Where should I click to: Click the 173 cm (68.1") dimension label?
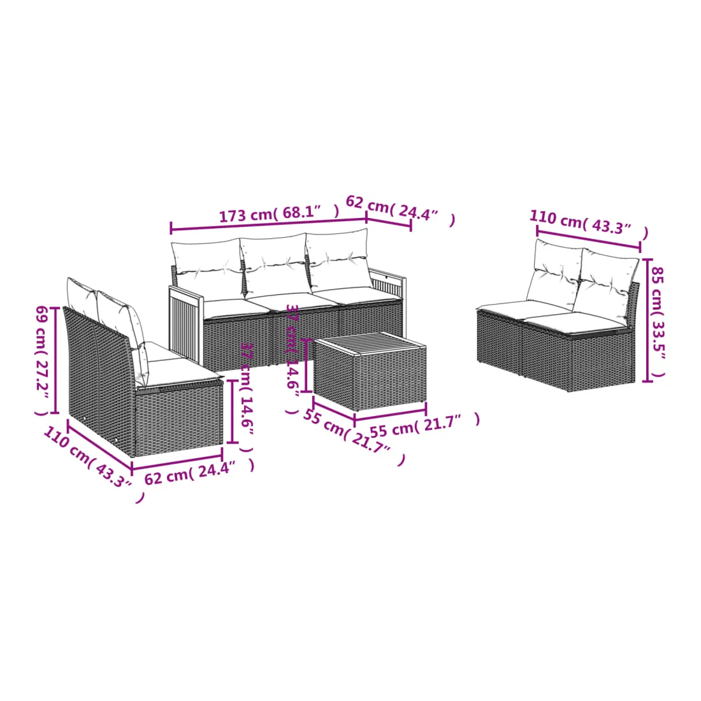pyautogui.click(x=278, y=212)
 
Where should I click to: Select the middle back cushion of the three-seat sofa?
pyautogui.click(x=274, y=264)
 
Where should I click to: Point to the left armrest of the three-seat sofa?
pyautogui.click(x=186, y=324)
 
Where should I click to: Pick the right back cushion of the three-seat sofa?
pyautogui.click(x=338, y=259)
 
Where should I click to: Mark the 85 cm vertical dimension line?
pyautogui.click(x=646, y=320)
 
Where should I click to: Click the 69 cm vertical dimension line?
pyautogui.click(x=55, y=360)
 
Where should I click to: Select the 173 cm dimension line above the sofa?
pyautogui.click(x=269, y=224)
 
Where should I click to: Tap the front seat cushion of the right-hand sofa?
pyautogui.click(x=577, y=323)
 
